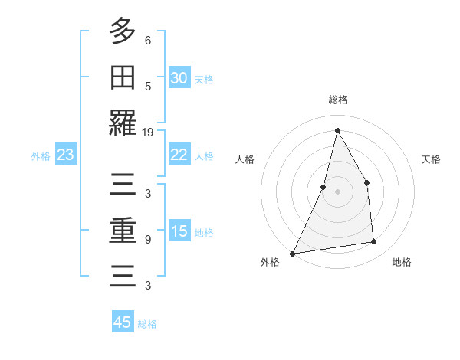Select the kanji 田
pyautogui.click(x=123, y=78)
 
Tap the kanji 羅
pyautogui.click(x=123, y=123)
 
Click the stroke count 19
pyautogui.click(x=148, y=132)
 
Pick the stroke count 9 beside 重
pyautogui.click(x=148, y=239)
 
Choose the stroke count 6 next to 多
pyautogui.click(x=148, y=40)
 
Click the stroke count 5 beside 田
pyautogui.click(x=148, y=86)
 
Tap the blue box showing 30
pyautogui.click(x=179, y=78)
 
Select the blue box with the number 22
pyautogui.click(x=179, y=155)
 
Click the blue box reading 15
pyautogui.click(x=179, y=231)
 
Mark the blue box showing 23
pyautogui.click(x=65, y=155)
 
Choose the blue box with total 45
pyautogui.click(x=123, y=322)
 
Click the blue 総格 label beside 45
pyautogui.click(x=147, y=324)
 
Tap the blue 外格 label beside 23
pyautogui.click(x=41, y=156)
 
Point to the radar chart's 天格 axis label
pyautogui.click(x=431, y=159)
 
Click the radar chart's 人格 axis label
pyautogui.click(x=245, y=159)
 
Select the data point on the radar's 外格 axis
pyautogui.click(x=292, y=253)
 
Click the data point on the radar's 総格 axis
pyautogui.click(x=337, y=130)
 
